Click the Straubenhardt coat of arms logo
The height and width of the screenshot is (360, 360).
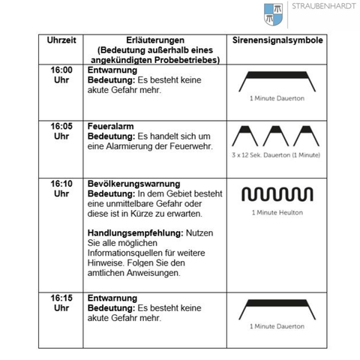pyautogui.click(x=274, y=13)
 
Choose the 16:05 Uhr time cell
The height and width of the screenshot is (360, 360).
pyautogui.click(x=61, y=130)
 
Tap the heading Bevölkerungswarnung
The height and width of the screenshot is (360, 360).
pyautogui.click(x=133, y=183)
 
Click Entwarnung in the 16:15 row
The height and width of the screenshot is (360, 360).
pyautogui.click(x=112, y=298)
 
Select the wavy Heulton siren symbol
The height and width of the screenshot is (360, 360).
pyautogui.click(x=277, y=195)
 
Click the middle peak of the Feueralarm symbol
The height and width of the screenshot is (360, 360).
pyautogui.click(x=277, y=136)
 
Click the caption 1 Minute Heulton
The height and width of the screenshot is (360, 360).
pyautogui.click(x=277, y=212)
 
